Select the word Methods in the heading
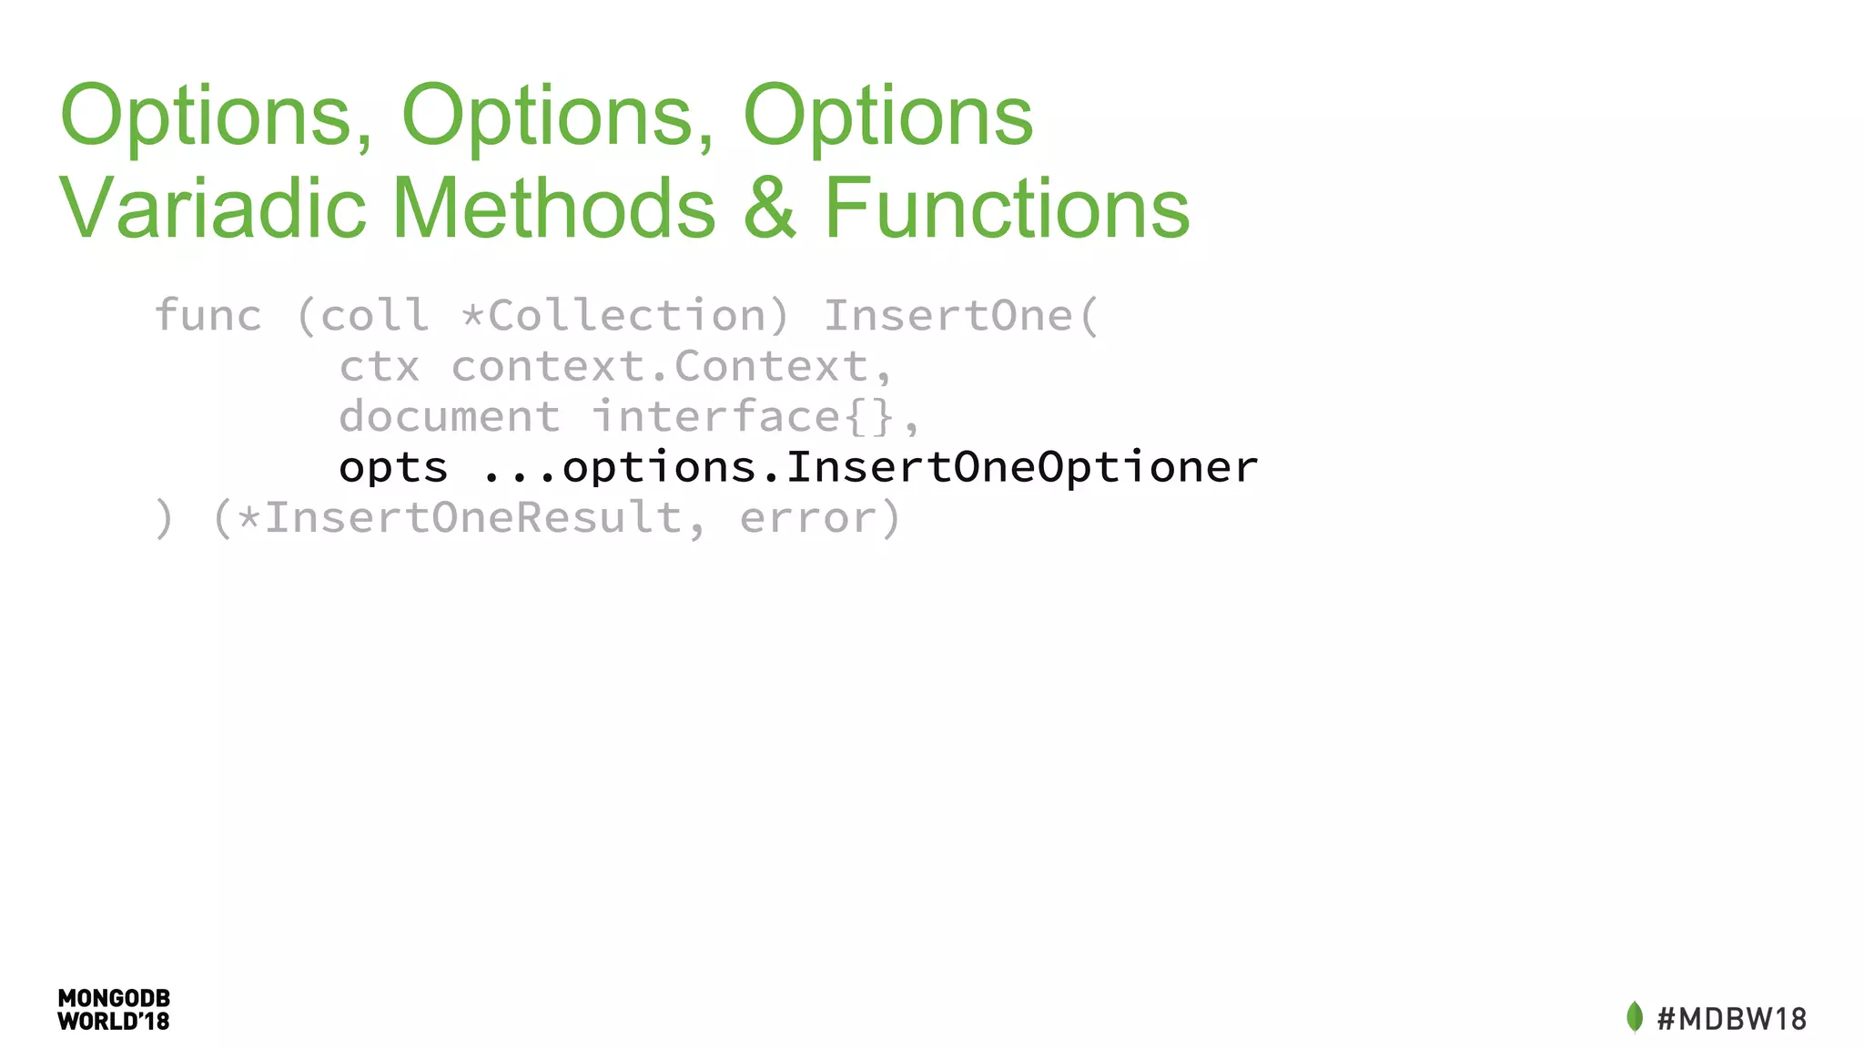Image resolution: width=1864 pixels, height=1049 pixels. (554, 209)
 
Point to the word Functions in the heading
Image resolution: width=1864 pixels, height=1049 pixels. (1007, 209)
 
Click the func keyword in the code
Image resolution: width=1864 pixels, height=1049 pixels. (208, 316)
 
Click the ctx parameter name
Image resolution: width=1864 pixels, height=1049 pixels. (379, 367)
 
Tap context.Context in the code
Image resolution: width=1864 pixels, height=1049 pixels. (672, 367)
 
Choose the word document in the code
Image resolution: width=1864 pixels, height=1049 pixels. (450, 417)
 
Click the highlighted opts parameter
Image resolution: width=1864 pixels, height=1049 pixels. (393, 468)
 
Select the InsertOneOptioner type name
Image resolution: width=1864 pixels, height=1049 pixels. (1021, 468)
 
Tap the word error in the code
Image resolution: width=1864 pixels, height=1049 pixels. (808, 518)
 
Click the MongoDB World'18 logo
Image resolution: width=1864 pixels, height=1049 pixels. (114, 1010)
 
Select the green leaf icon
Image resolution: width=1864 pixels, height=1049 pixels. (1635, 1017)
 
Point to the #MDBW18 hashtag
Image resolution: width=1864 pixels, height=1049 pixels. (1731, 1018)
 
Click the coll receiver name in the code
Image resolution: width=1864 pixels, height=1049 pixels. (374, 316)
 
